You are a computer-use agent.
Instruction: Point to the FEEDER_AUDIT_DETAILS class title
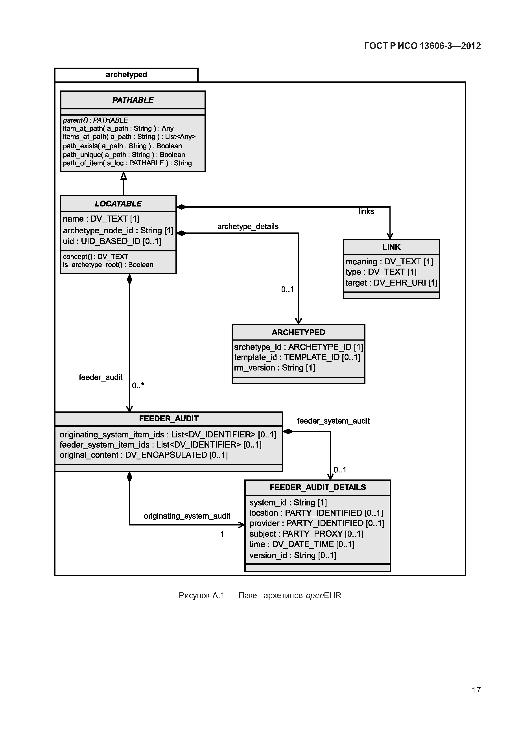click(x=318, y=487)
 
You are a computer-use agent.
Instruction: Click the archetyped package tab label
click(x=126, y=75)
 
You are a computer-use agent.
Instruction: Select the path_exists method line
click(x=122, y=146)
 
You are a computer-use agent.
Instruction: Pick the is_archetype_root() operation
click(x=108, y=265)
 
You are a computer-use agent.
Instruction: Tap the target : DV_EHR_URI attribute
click(x=391, y=283)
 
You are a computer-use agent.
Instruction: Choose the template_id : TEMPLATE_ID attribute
click(x=297, y=358)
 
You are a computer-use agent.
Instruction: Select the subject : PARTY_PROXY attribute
click(x=306, y=534)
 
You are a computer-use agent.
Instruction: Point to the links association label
click(x=366, y=212)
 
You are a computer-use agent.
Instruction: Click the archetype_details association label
click(x=248, y=227)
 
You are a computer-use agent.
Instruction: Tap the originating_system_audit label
click(x=187, y=516)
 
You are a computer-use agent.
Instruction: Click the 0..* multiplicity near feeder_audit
click(x=138, y=386)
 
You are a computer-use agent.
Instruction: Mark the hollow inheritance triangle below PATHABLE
click(x=124, y=176)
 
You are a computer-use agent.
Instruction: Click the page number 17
click(x=476, y=690)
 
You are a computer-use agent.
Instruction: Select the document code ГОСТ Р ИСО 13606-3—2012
click(x=422, y=46)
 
